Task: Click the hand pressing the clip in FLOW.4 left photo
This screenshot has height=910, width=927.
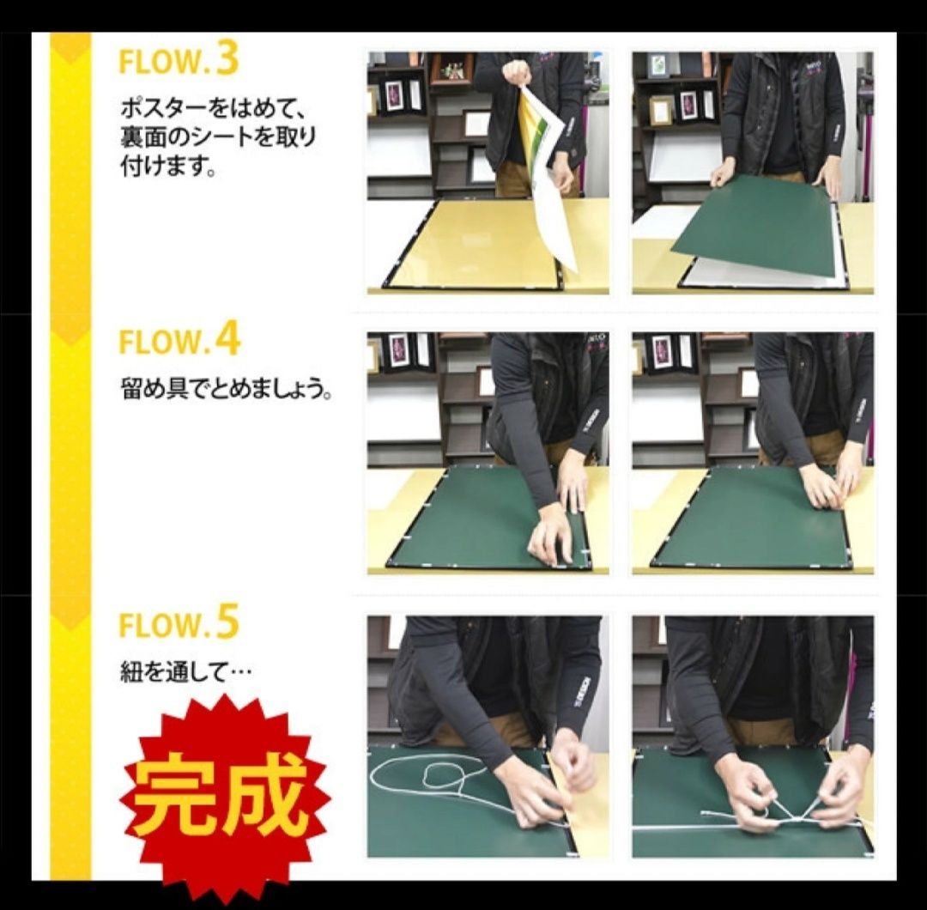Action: pyautogui.click(x=549, y=532)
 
